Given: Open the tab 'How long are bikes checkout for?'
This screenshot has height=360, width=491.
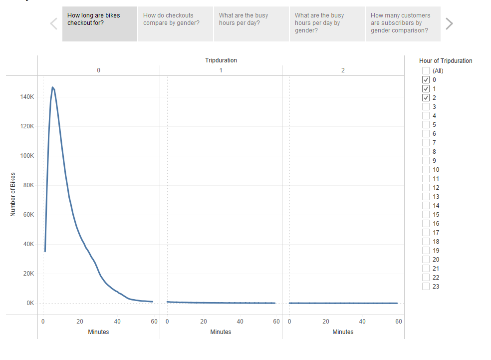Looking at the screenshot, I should pos(99,23).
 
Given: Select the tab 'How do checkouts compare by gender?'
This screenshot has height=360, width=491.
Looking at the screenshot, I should pos(175,23).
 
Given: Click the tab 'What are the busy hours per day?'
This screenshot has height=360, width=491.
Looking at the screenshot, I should pos(251,23).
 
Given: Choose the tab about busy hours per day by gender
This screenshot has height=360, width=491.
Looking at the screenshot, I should pos(327,23).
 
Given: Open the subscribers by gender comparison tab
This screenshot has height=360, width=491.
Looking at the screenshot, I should pos(403,23).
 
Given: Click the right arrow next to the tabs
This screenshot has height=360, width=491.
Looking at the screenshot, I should pos(449,23).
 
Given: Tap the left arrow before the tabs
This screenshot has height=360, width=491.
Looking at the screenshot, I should pos(54,23).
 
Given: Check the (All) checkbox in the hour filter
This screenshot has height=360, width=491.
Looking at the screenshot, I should pos(426,70).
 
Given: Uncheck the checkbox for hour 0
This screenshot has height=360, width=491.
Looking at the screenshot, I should pos(426,79).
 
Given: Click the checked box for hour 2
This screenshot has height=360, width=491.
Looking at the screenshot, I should pos(426,97).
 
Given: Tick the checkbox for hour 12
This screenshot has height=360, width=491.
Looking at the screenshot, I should pos(426,187).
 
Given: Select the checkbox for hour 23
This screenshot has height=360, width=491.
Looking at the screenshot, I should pos(426,286).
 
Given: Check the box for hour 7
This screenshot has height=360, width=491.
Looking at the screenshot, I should pos(426,142).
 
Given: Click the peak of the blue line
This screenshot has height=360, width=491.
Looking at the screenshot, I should pos(52,87).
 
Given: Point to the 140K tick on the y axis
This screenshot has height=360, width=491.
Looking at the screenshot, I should pos(27,97).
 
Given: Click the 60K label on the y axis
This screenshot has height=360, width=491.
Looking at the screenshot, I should pos(27,215).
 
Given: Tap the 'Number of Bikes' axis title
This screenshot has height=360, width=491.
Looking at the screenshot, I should pos(13,194).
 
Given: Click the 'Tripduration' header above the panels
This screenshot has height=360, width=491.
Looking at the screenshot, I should pos(221,60).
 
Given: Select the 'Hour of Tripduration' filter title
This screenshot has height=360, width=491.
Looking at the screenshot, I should pos(446,61).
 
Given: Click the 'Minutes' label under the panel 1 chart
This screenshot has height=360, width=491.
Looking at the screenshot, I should pos(221,332).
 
